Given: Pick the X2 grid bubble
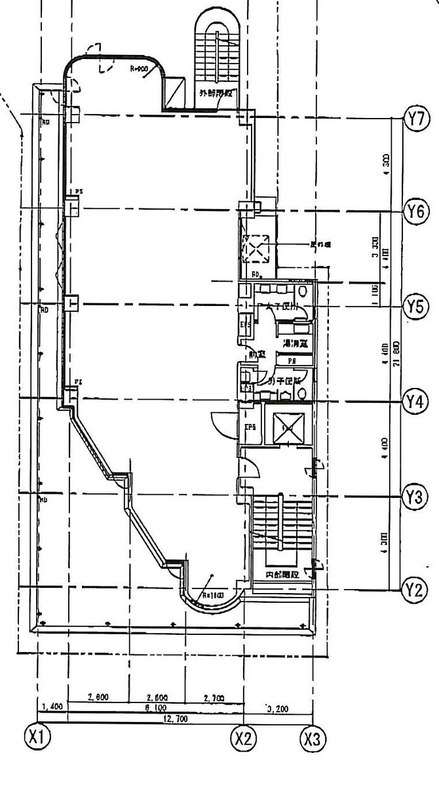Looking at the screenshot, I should tap(244, 738).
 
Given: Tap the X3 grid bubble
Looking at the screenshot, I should tap(313, 739).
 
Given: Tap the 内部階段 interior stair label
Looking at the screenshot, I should tap(282, 575).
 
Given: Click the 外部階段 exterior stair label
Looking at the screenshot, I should tap(217, 93).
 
